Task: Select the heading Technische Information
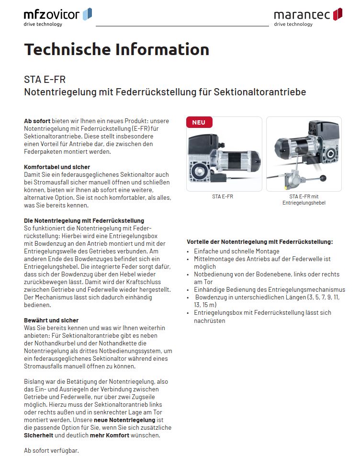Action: (x=116, y=49)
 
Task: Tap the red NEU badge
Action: (x=199, y=122)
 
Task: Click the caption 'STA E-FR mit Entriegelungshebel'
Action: (x=304, y=200)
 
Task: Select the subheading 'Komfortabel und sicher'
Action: (x=56, y=167)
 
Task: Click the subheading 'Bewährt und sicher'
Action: (x=51, y=321)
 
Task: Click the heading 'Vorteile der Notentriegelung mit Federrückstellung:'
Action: (x=259, y=242)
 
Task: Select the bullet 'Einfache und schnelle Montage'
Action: (x=236, y=252)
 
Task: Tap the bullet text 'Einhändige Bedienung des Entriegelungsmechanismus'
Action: (x=269, y=290)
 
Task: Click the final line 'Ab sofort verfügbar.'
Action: (x=51, y=451)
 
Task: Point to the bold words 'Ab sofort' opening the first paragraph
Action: (x=37, y=121)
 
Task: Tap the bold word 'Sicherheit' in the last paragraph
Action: (x=39, y=436)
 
